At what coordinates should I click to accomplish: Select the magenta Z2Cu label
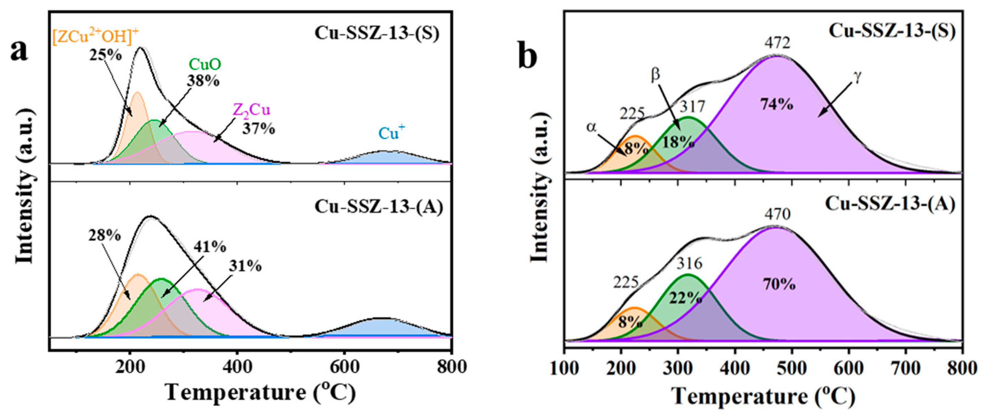point(252,111)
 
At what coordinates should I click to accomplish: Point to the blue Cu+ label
point(391,133)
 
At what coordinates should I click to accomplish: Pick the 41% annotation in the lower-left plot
point(210,247)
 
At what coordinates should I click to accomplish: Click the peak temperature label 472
point(777,43)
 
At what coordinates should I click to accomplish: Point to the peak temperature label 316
point(689,264)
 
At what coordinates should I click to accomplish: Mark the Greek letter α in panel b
point(591,127)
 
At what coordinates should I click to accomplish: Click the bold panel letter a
point(19,51)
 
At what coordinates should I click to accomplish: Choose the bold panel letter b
point(528,56)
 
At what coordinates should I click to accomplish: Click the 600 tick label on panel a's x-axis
point(344,367)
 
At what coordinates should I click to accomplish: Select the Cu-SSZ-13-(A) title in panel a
point(379,207)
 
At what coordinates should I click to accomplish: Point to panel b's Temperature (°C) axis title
point(763,397)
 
